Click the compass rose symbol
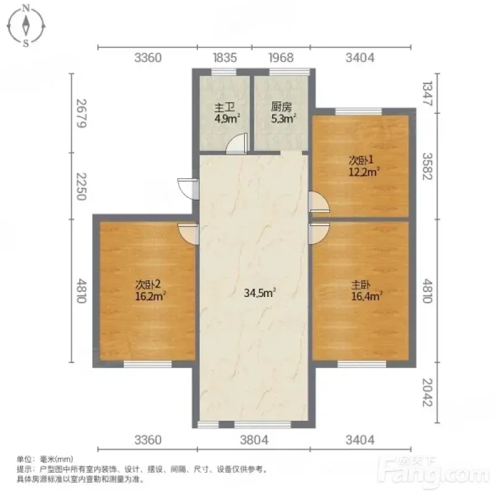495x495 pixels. tap(26, 26)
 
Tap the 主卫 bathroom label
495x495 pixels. tap(225, 108)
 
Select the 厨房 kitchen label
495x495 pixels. tap(281, 107)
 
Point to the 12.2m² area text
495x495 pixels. tap(364, 172)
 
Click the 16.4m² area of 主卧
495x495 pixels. tap(367, 296)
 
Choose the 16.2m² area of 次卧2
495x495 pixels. tap(150, 296)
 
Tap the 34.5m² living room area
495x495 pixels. tap(260, 293)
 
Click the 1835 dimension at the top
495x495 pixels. tap(225, 58)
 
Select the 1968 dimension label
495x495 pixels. tap(281, 58)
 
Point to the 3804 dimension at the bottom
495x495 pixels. tap(254, 440)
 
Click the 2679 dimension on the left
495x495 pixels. tap(82, 113)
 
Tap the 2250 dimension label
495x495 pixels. tap(82, 186)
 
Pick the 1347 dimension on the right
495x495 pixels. tap(428, 93)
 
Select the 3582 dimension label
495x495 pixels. tap(428, 166)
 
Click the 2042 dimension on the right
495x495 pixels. tap(428, 392)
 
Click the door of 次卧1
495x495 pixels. tap(319, 202)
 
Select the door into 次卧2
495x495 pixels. tap(189, 234)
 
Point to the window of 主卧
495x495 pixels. tap(362, 364)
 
